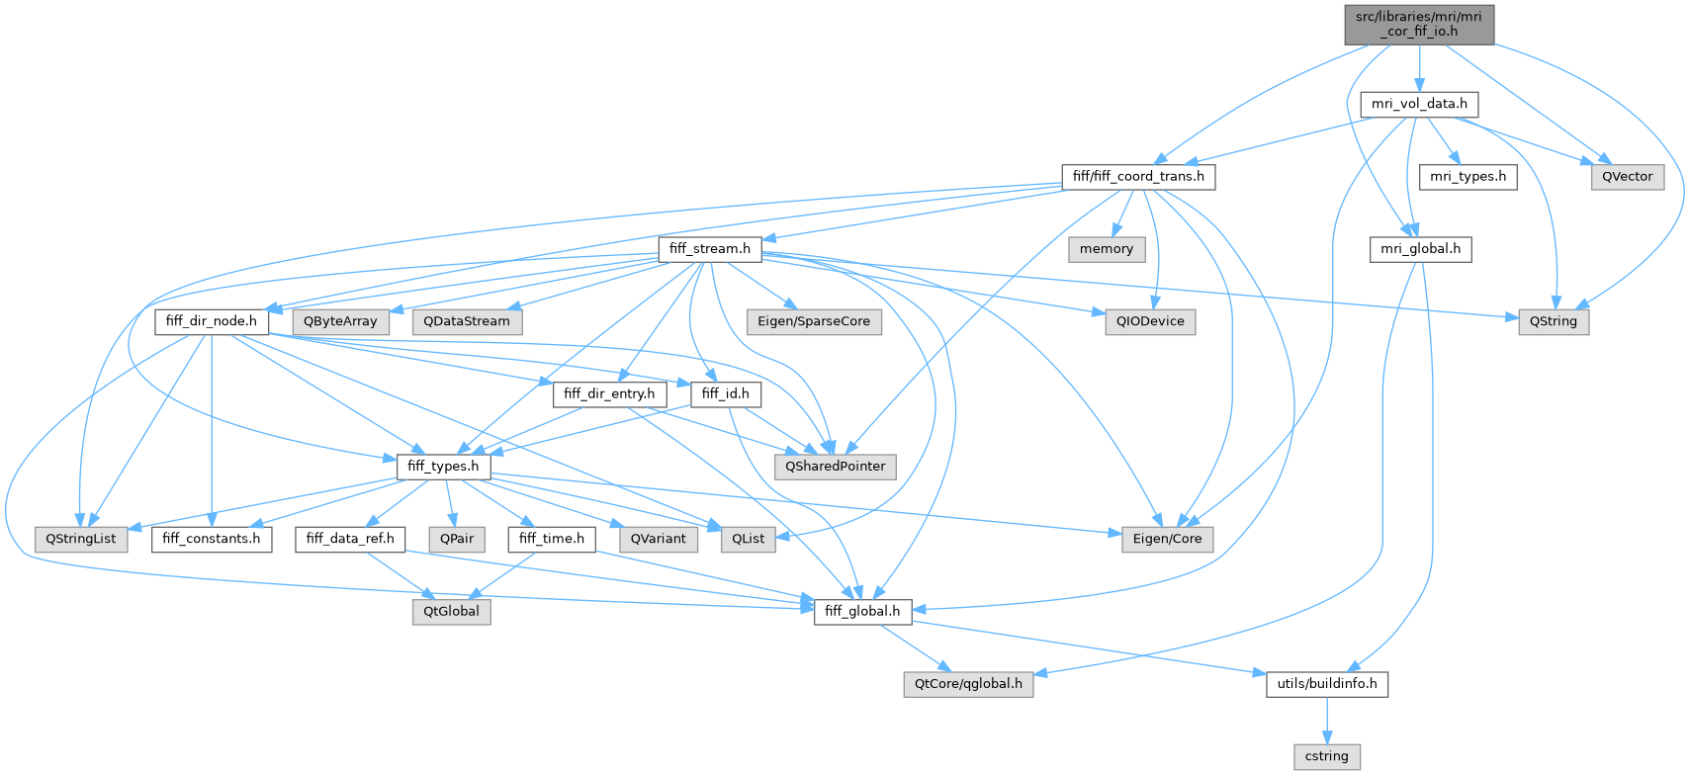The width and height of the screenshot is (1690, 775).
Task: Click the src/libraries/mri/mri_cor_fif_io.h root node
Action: point(1419,24)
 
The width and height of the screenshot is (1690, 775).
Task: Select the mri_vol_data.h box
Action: point(1419,104)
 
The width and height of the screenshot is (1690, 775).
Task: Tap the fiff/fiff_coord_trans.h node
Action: point(1138,177)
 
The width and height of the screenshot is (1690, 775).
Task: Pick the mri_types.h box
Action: point(1468,177)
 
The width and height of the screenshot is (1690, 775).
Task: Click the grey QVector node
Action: point(1627,177)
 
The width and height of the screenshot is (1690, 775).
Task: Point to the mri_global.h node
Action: point(1420,249)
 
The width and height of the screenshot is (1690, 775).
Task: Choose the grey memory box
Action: point(1106,249)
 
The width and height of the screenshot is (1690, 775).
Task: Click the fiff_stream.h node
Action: point(709,249)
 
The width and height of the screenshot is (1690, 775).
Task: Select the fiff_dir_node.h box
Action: point(211,321)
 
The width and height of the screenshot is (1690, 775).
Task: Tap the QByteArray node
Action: point(340,321)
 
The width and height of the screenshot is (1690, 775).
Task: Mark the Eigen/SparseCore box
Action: point(814,321)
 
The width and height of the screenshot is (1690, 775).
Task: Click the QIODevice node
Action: point(1150,321)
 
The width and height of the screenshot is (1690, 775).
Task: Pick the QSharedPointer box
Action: point(836,467)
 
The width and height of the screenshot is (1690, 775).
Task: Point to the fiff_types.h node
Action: point(443,467)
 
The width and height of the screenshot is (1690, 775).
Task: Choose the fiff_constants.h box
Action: point(212,539)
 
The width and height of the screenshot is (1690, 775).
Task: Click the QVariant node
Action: point(658,539)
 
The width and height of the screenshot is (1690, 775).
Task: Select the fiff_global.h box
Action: point(862,612)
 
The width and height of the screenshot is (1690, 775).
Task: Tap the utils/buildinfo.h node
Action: point(1327,684)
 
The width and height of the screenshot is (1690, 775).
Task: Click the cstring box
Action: point(1327,756)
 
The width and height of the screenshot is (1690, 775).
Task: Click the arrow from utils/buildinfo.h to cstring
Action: point(1327,720)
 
